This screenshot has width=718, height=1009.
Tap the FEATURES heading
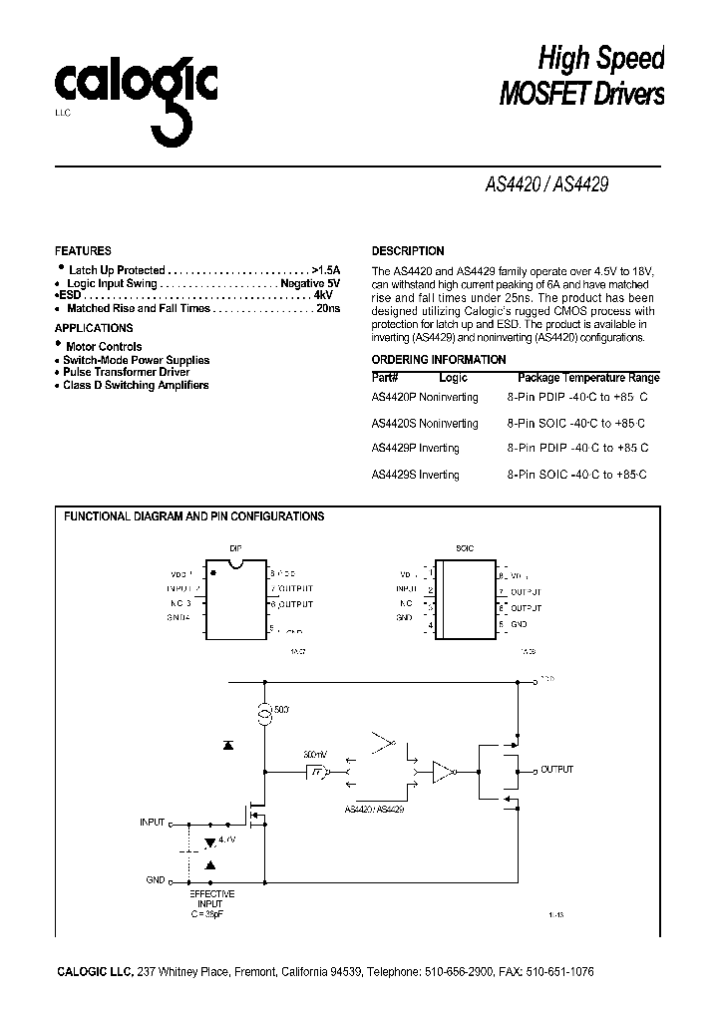click(x=83, y=251)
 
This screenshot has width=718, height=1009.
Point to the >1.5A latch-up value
click(x=325, y=270)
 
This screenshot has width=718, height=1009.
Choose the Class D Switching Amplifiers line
click(x=136, y=385)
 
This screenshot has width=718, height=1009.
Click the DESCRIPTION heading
click(x=408, y=251)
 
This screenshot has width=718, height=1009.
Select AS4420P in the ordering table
click(x=392, y=397)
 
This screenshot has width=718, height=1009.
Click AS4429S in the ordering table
click(x=392, y=475)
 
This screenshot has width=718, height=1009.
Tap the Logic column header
click(x=453, y=378)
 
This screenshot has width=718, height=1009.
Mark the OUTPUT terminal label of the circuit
click(x=557, y=770)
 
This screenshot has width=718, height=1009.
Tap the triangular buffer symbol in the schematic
click(x=441, y=771)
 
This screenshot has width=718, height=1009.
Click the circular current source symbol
click(x=265, y=714)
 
